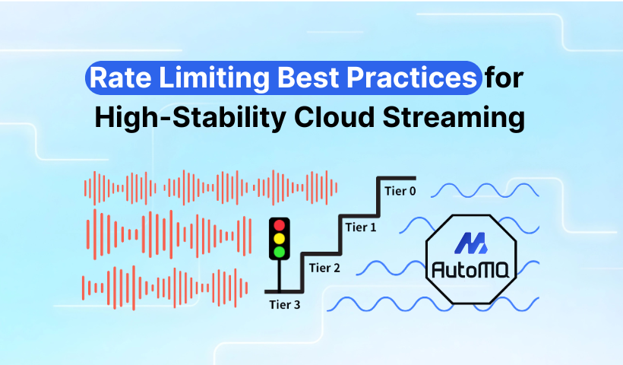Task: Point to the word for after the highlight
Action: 505,79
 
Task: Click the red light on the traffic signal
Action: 280,225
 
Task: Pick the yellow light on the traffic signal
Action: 280,238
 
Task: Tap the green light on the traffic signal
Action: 280,251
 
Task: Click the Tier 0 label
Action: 400,191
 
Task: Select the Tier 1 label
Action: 362,226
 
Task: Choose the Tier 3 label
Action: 286,305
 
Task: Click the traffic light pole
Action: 280,275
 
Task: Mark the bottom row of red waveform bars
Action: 167,287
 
